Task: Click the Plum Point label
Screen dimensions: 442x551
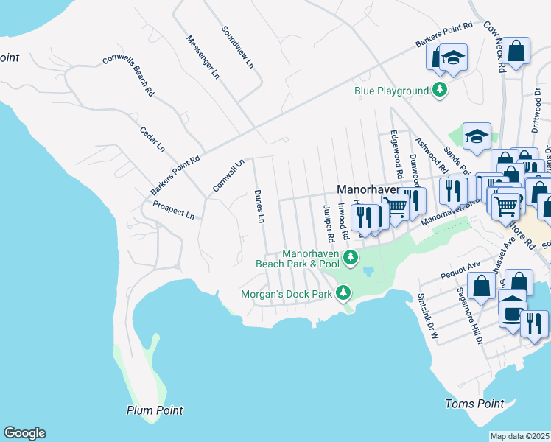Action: [154, 410]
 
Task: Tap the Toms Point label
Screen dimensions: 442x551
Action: [475, 404]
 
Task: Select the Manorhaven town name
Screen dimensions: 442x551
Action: [368, 189]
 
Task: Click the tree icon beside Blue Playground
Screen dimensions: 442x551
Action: [440, 91]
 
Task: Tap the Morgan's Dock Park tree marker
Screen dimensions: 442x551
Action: [343, 294]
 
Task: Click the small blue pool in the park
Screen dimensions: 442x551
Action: [367, 270]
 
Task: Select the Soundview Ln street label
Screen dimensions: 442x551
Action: [238, 49]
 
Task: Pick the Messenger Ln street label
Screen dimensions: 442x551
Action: [203, 57]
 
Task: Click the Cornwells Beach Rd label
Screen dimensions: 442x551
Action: [128, 76]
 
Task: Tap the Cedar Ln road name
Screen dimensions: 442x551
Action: [152, 138]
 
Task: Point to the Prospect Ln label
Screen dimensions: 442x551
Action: [174, 211]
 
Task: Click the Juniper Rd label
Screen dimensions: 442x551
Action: [329, 223]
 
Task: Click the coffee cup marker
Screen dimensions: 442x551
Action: [512, 312]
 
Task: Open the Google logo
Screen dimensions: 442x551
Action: [24, 433]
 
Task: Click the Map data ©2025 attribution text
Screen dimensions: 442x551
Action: [519, 436]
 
